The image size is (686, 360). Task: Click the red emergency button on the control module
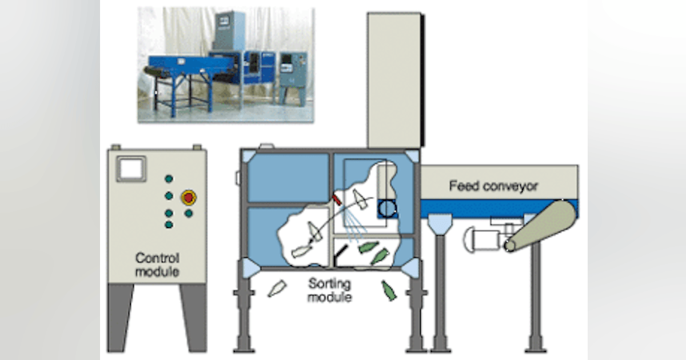(x=188, y=198)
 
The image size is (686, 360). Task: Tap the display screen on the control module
(x=131, y=170)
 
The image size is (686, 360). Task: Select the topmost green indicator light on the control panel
(x=169, y=178)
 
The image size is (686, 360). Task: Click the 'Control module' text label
(x=157, y=265)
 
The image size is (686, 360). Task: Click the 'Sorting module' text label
(x=330, y=290)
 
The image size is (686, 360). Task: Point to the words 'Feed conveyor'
(x=493, y=186)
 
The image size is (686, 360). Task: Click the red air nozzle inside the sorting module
(x=337, y=198)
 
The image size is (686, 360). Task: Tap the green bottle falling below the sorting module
(x=388, y=290)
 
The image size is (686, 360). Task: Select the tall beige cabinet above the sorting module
(x=394, y=80)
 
